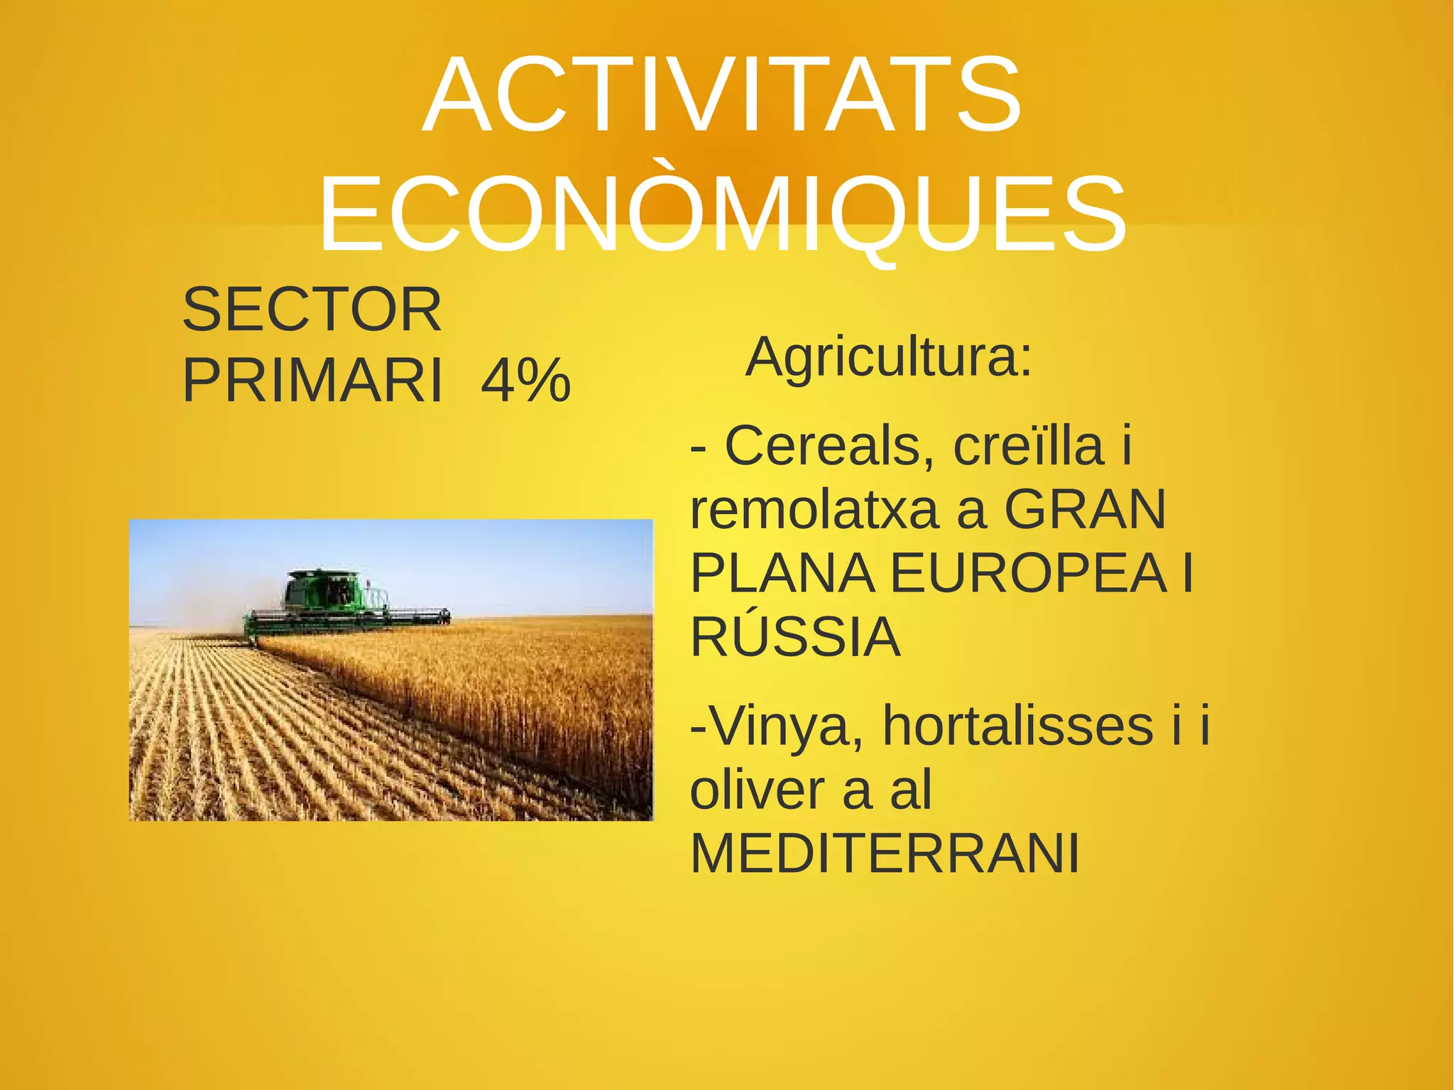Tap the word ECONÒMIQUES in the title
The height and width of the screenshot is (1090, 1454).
pos(722,215)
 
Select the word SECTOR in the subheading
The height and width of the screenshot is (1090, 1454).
pos(312,310)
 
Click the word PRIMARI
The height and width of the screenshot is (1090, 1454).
pos(312,381)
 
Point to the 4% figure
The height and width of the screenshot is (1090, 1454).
pos(525,381)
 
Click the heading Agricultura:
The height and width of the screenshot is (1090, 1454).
pos(888,357)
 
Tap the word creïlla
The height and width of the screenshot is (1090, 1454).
pos(1029,446)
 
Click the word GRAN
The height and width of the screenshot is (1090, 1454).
pos(1086,510)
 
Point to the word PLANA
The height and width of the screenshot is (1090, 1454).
pos(782,573)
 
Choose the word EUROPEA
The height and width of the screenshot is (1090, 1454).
pos(1029,573)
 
